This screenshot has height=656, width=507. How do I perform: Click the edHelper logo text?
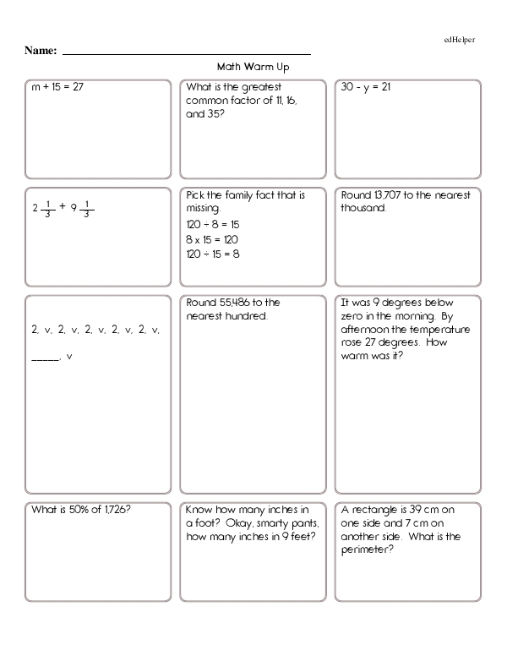(460, 39)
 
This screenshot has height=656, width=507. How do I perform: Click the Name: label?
(41, 52)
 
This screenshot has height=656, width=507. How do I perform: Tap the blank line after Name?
(187, 54)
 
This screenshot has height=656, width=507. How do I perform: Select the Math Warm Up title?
(253, 66)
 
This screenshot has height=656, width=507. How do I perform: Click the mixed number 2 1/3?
(43, 208)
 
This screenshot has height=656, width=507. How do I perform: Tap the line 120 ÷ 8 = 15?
(213, 226)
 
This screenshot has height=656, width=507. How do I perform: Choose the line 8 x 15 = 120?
(213, 239)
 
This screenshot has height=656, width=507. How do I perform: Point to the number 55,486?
(234, 303)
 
